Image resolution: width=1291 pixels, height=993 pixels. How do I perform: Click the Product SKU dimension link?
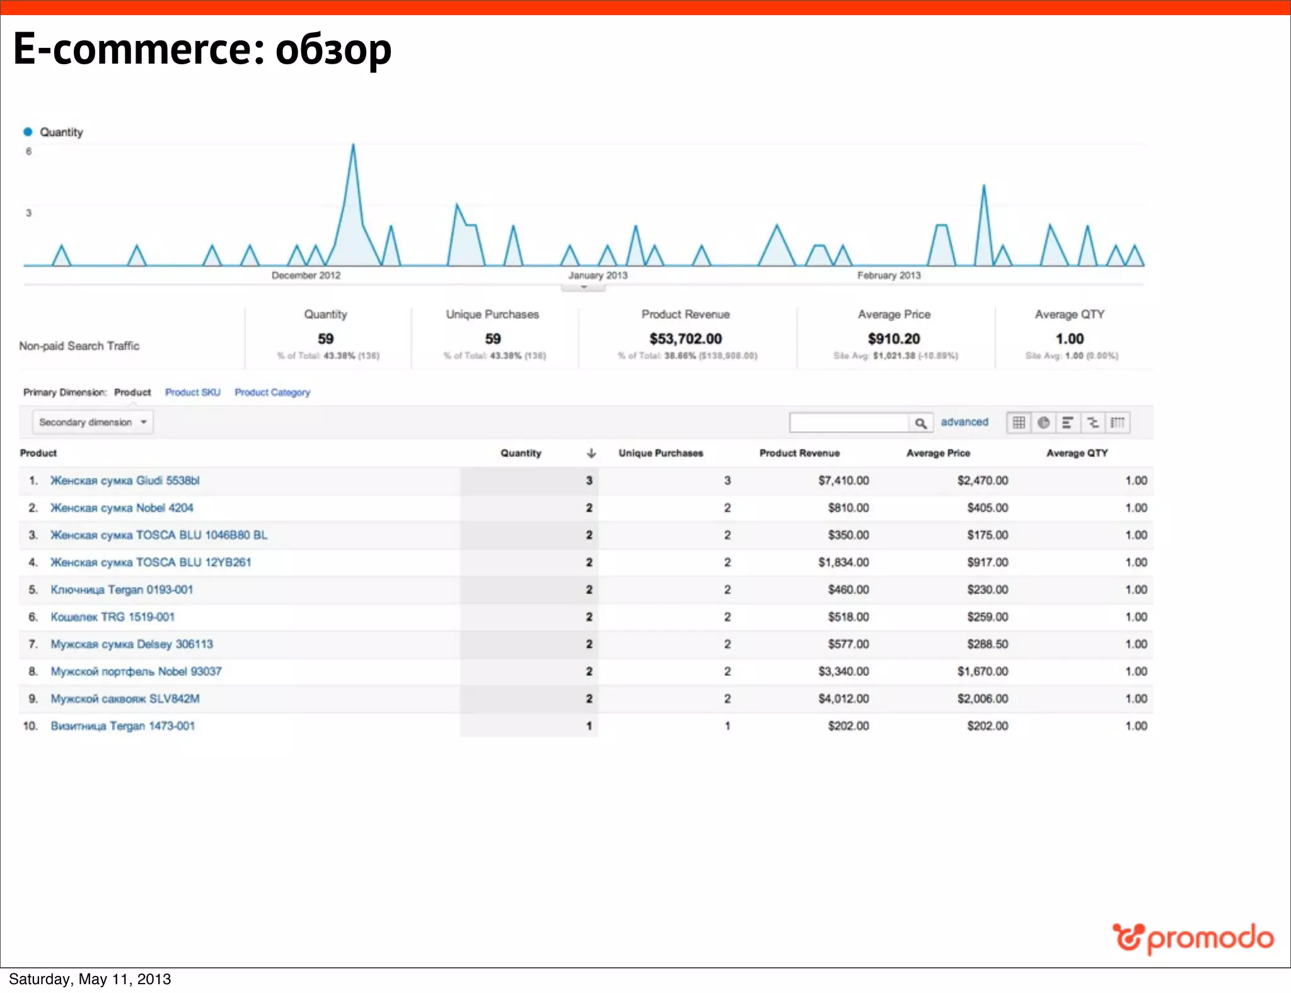(x=193, y=392)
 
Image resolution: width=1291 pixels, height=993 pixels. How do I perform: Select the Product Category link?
(x=272, y=392)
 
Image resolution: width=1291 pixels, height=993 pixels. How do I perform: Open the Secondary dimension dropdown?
(x=93, y=422)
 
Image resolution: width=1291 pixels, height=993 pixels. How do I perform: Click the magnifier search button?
(x=920, y=423)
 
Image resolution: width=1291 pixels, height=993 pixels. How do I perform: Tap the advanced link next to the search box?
(x=964, y=422)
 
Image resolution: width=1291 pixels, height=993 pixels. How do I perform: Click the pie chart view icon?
(x=1043, y=422)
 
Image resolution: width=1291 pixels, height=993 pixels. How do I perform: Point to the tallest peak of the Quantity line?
(x=353, y=146)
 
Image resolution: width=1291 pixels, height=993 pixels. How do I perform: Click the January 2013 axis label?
(x=598, y=275)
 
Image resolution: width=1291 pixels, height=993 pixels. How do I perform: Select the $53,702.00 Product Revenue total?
(x=686, y=339)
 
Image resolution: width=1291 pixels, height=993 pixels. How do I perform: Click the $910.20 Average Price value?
(x=894, y=339)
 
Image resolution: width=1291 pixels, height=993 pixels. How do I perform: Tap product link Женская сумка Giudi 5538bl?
(x=125, y=481)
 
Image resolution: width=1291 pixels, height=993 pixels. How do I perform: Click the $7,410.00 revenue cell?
(x=843, y=481)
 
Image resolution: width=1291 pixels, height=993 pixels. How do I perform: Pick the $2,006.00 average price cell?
(x=982, y=699)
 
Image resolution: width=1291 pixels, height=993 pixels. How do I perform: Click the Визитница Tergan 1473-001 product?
(x=123, y=726)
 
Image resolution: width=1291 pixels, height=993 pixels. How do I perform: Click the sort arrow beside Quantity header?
(x=591, y=453)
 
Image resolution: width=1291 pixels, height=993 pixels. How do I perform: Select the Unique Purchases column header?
(x=661, y=453)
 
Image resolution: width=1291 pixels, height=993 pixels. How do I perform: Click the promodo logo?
(x=1193, y=939)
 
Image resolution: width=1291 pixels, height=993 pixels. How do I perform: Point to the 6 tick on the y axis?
(x=28, y=151)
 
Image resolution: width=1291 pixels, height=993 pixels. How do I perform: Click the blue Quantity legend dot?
(x=28, y=132)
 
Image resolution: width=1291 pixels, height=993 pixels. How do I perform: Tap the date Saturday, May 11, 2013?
(x=90, y=979)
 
